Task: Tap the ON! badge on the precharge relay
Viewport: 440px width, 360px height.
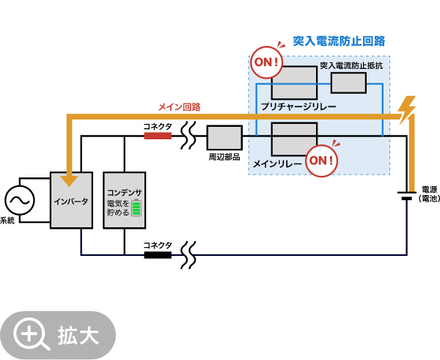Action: (x=266, y=62)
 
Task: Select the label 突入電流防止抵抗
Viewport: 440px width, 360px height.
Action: (x=351, y=66)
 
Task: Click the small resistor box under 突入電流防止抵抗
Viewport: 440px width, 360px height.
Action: (x=348, y=83)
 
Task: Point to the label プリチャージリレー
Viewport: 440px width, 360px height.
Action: (x=298, y=107)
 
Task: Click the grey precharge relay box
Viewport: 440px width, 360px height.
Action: (x=294, y=82)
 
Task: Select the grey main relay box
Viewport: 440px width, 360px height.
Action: (x=294, y=138)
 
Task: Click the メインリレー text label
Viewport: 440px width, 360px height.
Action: (x=277, y=164)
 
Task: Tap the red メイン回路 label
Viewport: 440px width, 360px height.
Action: (x=179, y=107)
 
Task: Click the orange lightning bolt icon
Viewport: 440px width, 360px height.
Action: (x=406, y=110)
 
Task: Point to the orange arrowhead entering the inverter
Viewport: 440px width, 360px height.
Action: (x=69, y=180)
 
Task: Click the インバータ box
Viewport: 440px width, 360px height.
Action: (x=71, y=200)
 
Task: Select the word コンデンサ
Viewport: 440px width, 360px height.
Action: (x=124, y=192)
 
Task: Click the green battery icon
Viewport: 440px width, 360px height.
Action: (x=136, y=207)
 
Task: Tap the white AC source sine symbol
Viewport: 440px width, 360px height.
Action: (x=20, y=200)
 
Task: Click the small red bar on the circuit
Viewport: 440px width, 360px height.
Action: (x=158, y=136)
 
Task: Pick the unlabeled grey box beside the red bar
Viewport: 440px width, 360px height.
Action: (x=224, y=138)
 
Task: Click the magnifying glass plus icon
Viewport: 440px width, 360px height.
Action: (x=30, y=335)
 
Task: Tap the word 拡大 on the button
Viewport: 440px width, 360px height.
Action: (x=78, y=336)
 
